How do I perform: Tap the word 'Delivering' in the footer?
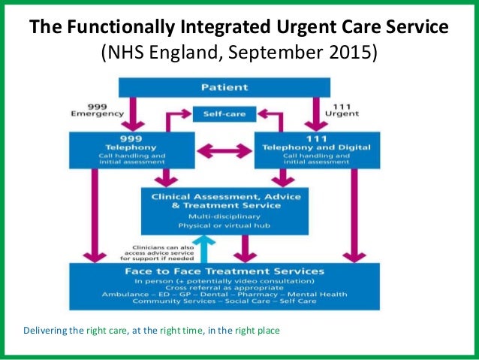[47, 330]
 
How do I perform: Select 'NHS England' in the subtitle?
[160, 53]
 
